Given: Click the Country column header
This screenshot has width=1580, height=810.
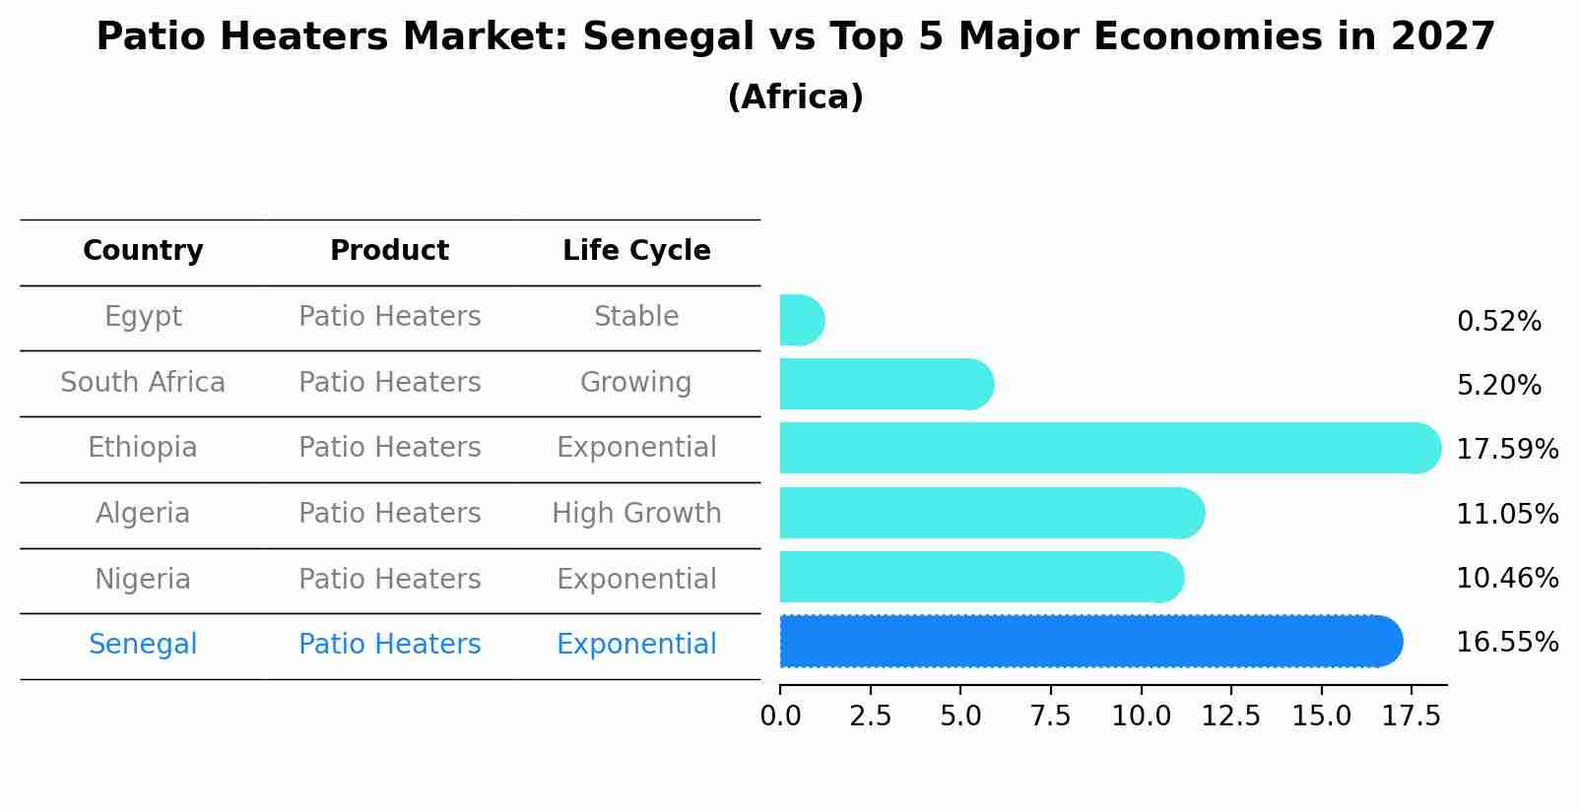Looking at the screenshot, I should pos(143,251).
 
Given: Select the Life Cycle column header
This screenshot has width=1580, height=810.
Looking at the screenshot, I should pos(636,251).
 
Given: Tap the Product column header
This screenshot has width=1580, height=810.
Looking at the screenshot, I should pos(389,251).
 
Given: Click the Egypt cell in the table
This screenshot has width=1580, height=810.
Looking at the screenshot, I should pos(143,317).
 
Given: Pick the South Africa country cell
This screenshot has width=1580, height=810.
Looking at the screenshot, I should pos(143,382).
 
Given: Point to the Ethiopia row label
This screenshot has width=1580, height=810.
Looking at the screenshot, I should pos(143,448).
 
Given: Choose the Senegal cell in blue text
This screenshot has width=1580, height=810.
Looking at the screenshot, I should pos(143,645).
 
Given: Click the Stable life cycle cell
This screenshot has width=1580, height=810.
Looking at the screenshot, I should pos(636,317).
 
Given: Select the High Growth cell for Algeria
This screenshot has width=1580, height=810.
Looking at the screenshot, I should pos(636,514).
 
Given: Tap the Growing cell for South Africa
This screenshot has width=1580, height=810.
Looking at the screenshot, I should pos(636,382).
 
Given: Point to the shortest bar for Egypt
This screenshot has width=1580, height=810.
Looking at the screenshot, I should pos(801,320).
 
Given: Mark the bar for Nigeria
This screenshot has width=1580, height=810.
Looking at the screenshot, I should pos(980,577).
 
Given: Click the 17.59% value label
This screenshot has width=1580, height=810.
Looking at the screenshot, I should pos(1507,450).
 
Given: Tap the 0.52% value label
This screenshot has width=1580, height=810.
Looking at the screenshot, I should pos(1498,322).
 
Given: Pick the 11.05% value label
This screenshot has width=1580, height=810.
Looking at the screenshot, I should pos(1507,515).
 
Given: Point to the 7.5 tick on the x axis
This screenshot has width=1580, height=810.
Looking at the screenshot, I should pos(1050,717).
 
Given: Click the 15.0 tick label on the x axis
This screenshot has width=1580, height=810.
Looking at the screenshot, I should pos(1321,717).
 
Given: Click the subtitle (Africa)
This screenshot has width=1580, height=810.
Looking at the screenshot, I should pos(795,97).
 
